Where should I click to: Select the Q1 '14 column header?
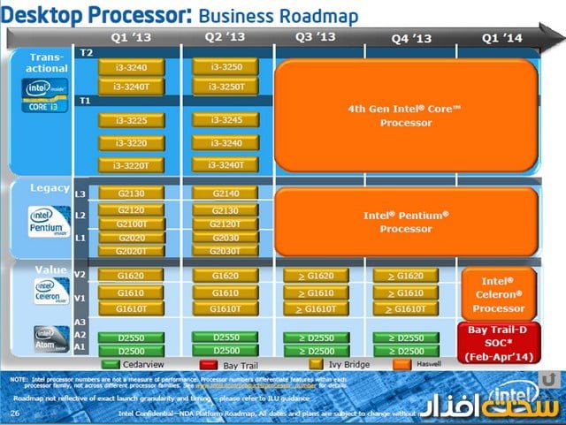(502, 37)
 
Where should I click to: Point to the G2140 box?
(226, 194)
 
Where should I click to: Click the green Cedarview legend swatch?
(111, 362)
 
